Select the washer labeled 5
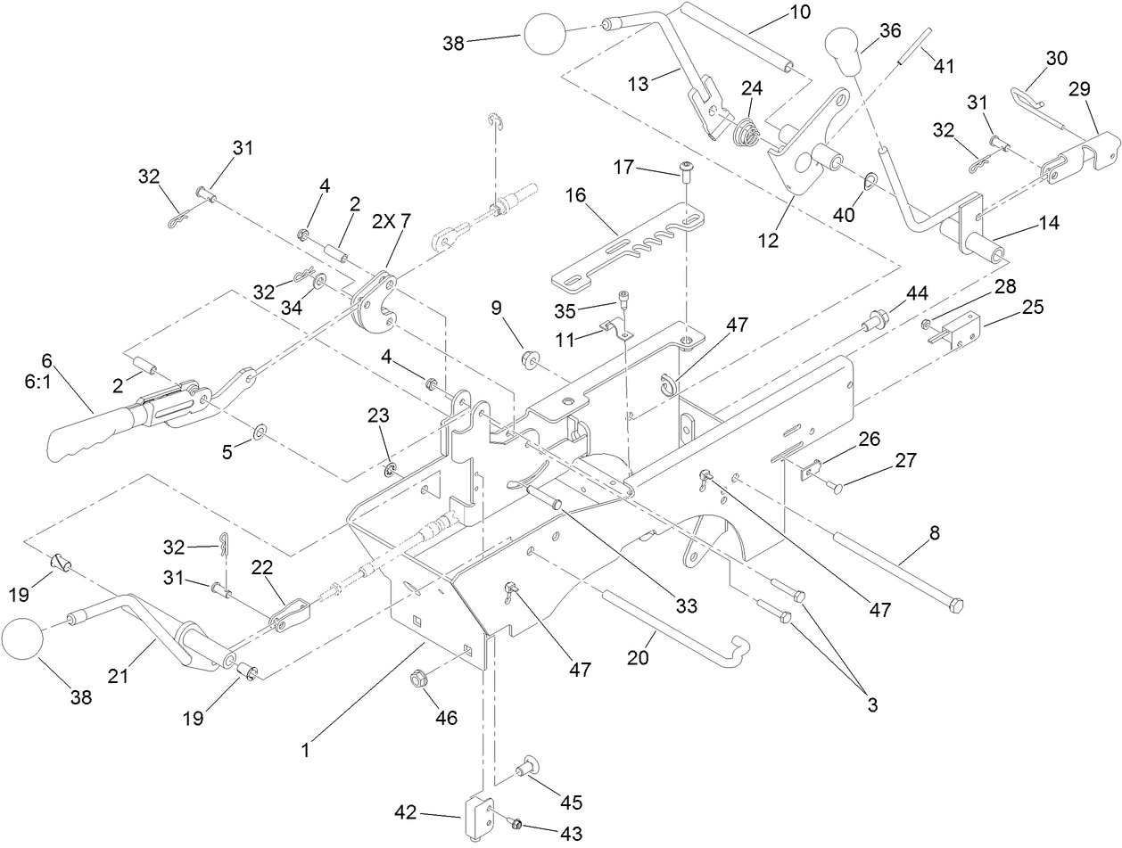tap(257, 432)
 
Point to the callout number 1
tap(305, 751)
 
